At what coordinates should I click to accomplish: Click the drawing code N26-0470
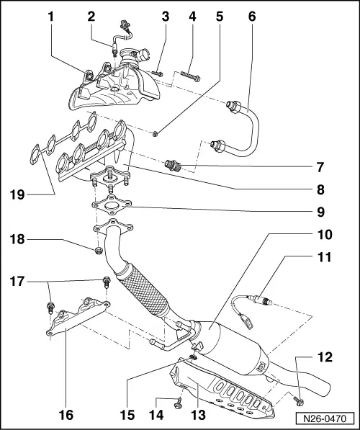322,418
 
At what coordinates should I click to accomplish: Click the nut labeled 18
96,251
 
